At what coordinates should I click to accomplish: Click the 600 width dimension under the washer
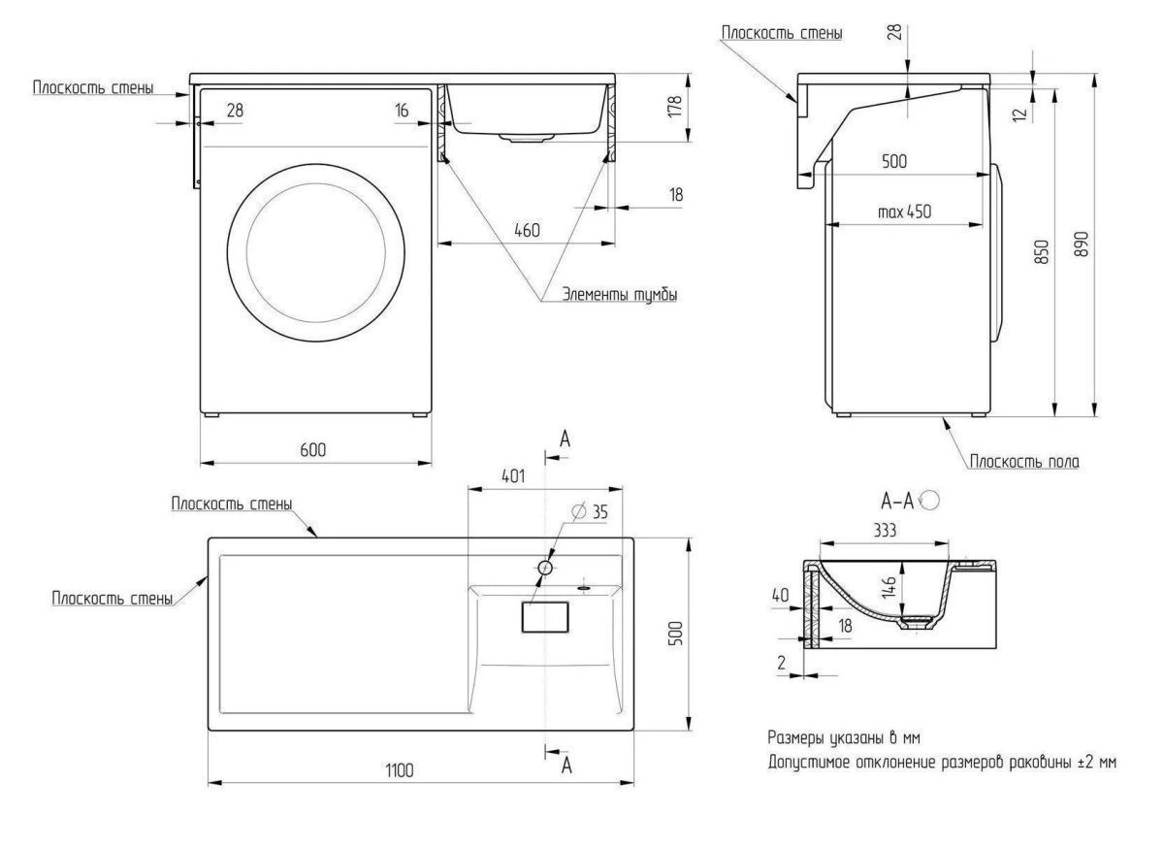[312, 449]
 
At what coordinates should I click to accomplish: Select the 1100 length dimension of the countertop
[399, 770]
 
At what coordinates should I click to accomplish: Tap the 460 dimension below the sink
[526, 231]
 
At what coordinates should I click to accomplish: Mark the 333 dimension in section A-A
[883, 530]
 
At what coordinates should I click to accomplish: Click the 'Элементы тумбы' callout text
[621, 295]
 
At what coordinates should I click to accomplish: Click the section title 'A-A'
[896, 501]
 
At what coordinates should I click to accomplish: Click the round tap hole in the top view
[546, 566]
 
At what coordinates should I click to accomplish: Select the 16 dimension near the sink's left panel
[402, 111]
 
